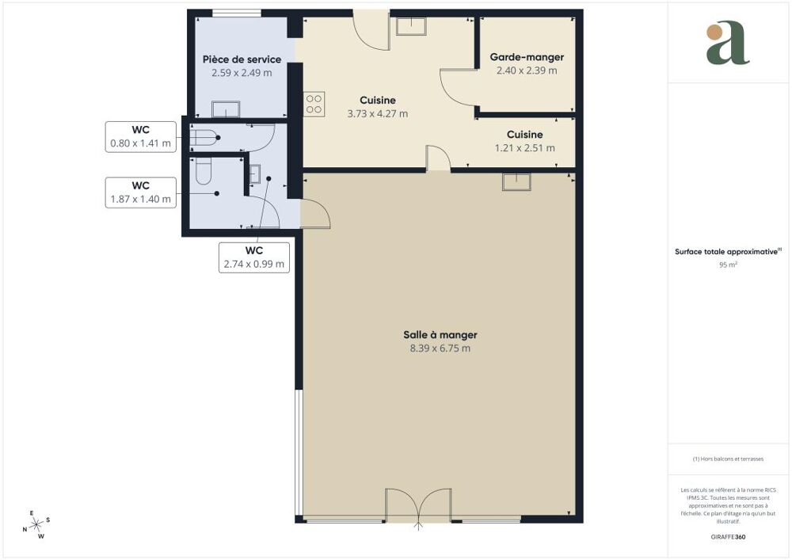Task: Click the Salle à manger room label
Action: click(440, 335)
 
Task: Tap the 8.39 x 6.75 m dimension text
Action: click(440, 349)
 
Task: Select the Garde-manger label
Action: click(527, 58)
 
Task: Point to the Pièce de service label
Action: click(242, 59)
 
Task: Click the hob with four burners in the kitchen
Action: click(314, 104)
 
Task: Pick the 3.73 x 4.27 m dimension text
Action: click(377, 113)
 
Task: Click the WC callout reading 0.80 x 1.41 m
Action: click(140, 137)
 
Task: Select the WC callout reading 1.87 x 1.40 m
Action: click(140, 192)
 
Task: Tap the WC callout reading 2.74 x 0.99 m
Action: click(254, 257)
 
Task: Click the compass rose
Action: click(36, 525)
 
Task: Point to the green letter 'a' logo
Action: click(727, 43)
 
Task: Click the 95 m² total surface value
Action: click(728, 265)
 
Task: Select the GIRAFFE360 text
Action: click(728, 537)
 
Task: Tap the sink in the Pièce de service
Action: click(226, 109)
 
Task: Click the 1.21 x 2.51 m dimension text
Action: click(525, 148)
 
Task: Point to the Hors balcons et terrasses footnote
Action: click(728, 459)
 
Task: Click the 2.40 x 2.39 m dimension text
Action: click(527, 70)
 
